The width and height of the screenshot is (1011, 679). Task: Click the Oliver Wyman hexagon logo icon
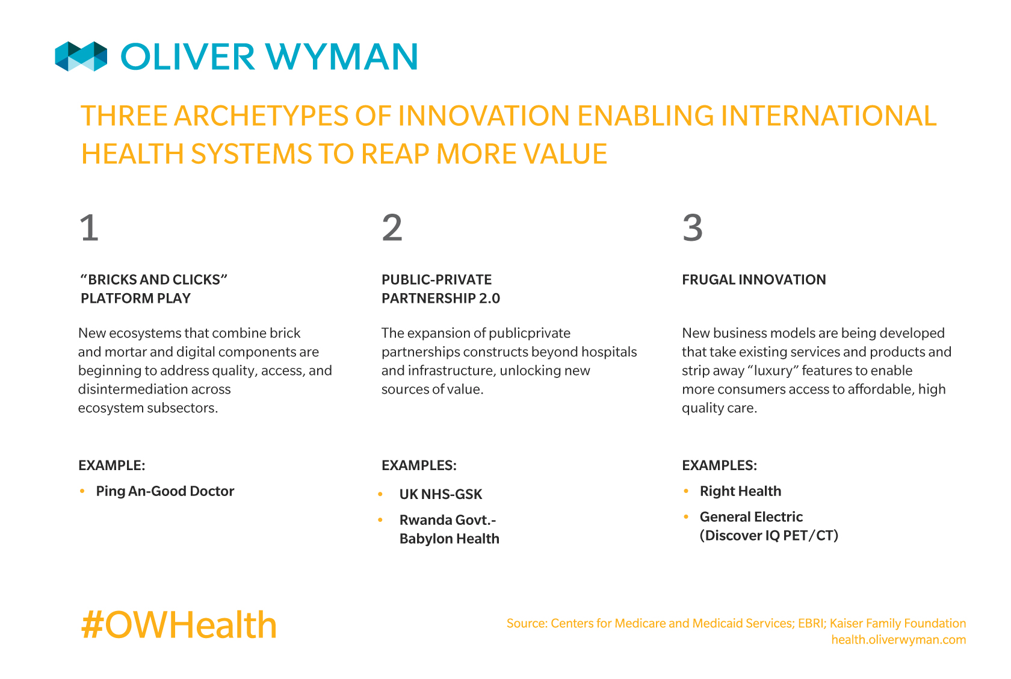[81, 57]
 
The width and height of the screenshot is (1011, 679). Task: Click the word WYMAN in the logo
[342, 57]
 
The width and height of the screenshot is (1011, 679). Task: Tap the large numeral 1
[89, 228]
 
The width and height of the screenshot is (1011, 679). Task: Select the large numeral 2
[392, 228]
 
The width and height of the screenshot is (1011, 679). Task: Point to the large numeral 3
[692, 228]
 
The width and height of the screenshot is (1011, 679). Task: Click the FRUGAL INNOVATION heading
[753, 279]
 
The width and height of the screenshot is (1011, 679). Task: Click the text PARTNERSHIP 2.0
[441, 299]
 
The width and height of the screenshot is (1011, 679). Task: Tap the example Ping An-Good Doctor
[165, 491]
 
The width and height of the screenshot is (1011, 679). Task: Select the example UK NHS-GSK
[441, 494]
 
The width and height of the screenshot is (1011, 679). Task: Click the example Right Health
[740, 491]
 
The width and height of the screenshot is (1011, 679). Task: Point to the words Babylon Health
[449, 539]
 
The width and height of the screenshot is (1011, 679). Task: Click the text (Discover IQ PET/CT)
[768, 536]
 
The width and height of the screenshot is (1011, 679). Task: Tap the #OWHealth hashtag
[179, 625]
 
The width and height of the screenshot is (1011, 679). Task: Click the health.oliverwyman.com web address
[898, 640]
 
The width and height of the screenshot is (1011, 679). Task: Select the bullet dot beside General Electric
[686, 516]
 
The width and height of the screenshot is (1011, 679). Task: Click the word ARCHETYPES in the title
[261, 116]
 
